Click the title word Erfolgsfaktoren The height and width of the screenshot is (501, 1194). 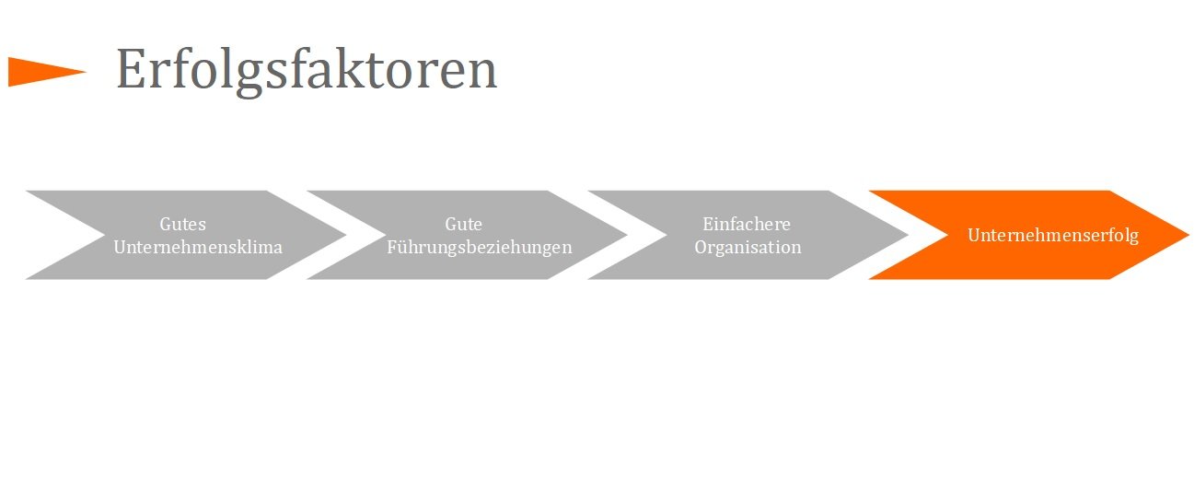(x=306, y=70)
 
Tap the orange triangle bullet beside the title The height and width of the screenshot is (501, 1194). (x=41, y=72)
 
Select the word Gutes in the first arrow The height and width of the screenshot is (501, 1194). (x=183, y=224)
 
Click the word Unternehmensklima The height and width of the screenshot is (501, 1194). (x=197, y=247)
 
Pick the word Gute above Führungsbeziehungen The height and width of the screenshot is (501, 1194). (x=463, y=224)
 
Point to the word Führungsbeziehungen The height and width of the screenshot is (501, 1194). (x=479, y=247)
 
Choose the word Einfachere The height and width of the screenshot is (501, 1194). (x=747, y=224)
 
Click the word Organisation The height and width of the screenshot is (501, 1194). (x=748, y=247)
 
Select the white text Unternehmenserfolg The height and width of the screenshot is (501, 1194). (x=1052, y=235)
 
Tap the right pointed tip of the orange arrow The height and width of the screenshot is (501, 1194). (x=1187, y=235)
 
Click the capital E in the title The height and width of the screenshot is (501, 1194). (x=131, y=70)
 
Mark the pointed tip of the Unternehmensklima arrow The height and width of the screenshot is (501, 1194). (x=344, y=235)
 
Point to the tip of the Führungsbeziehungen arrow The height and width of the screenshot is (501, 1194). (x=625, y=235)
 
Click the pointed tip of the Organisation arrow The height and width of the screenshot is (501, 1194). (x=907, y=235)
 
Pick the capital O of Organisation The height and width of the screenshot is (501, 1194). (x=701, y=247)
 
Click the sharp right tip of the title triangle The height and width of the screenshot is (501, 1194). (x=85, y=71)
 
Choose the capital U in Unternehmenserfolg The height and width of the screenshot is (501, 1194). (x=973, y=235)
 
